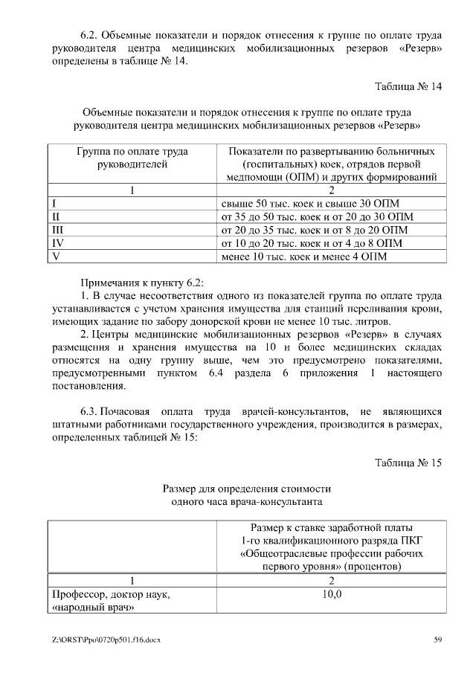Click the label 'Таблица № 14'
[x=408, y=86]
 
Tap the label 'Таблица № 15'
[x=408, y=462]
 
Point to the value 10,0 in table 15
[x=332, y=595]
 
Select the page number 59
[x=438, y=640]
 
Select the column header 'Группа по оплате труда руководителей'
[x=132, y=158]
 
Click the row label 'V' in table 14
[x=55, y=257]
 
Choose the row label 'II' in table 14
[x=56, y=216]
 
